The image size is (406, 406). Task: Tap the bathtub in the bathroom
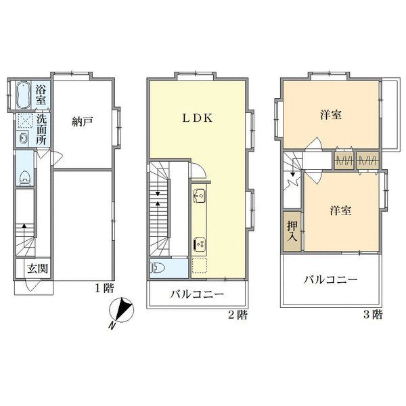[x=23, y=95]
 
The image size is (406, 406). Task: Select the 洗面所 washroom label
[x=41, y=129]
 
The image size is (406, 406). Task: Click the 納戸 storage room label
[x=81, y=122]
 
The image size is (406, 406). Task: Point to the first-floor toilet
[x=25, y=177]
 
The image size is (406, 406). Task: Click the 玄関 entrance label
[x=36, y=268]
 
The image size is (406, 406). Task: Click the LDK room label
[x=197, y=116]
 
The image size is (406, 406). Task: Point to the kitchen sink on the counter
[x=200, y=197]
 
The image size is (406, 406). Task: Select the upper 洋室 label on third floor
[x=330, y=115]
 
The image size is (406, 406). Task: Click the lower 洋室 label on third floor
[x=340, y=210]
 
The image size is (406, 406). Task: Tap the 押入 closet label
[x=292, y=233]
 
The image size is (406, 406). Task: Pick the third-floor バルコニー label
[x=330, y=279]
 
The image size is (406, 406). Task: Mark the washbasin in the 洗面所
[x=24, y=139]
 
